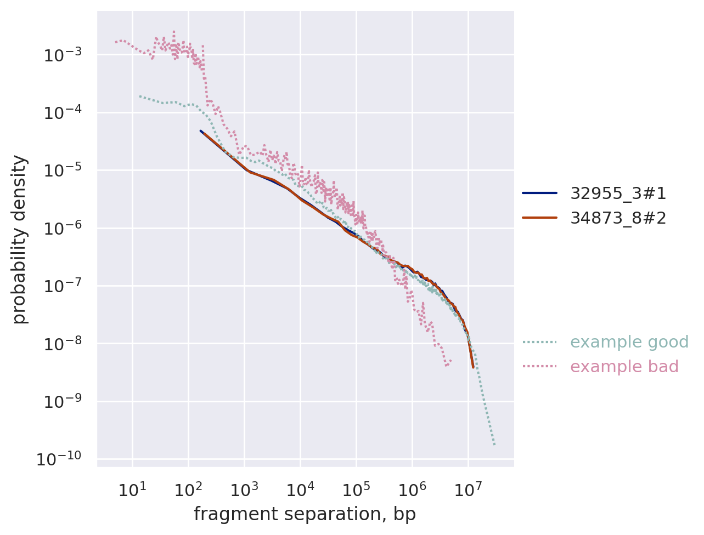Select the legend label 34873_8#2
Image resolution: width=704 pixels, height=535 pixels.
tap(618, 218)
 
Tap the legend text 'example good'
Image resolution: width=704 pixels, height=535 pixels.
tap(629, 342)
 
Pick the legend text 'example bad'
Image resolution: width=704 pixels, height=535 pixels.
tap(624, 367)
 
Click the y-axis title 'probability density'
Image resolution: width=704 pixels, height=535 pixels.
tap(20, 239)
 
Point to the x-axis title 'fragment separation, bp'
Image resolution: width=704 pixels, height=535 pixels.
tap(305, 514)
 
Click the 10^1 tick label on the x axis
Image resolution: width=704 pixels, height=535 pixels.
tap(132, 490)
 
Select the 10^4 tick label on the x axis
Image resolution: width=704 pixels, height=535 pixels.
tap(300, 490)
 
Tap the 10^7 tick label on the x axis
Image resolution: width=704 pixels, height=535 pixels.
tap(468, 490)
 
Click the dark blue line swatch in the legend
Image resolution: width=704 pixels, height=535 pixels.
tap(539, 193)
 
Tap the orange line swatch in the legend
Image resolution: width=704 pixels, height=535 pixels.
tap(539, 218)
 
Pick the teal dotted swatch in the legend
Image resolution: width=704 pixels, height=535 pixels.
tap(539, 342)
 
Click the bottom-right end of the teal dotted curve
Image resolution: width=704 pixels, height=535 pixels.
tap(494, 445)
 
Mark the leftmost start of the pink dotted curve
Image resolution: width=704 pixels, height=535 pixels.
tap(116, 42)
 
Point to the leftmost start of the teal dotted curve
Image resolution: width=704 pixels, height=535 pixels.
tap(139, 96)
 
